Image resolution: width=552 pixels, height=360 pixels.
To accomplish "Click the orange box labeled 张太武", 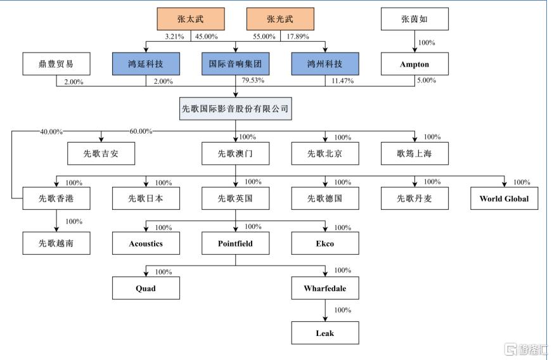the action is click(191, 19).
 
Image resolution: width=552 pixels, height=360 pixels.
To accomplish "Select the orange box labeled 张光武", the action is click(280, 19).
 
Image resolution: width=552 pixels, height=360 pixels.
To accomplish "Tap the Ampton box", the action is click(414, 63).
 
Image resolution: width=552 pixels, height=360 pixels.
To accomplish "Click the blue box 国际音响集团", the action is click(235, 63).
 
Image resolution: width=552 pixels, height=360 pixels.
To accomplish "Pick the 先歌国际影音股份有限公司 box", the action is click(236, 109).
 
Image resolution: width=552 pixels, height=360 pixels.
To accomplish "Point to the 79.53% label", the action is click(253, 80).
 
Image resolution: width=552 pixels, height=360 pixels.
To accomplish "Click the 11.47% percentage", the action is click(342, 81).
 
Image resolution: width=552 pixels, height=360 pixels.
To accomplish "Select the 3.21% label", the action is click(175, 36).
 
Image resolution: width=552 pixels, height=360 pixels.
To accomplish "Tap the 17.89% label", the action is click(298, 36).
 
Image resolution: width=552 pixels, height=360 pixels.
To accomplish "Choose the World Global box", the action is click(504, 198).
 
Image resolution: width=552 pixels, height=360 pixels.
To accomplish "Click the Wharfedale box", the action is click(325, 288).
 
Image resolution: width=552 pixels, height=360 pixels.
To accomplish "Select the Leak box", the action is click(325, 333).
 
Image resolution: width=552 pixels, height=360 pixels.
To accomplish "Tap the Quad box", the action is click(146, 288).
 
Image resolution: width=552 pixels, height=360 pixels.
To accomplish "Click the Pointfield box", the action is click(235, 243).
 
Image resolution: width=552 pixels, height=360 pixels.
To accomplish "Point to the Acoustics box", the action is click(146, 243).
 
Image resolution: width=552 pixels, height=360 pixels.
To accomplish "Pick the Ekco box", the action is click(325, 243).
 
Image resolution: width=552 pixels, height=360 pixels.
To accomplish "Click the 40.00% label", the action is click(51, 132).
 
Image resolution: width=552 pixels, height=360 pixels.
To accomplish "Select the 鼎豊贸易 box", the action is click(56, 63).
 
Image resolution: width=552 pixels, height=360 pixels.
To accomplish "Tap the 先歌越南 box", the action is click(56, 243).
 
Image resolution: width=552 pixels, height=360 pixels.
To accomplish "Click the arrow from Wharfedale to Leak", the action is click(325, 311).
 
